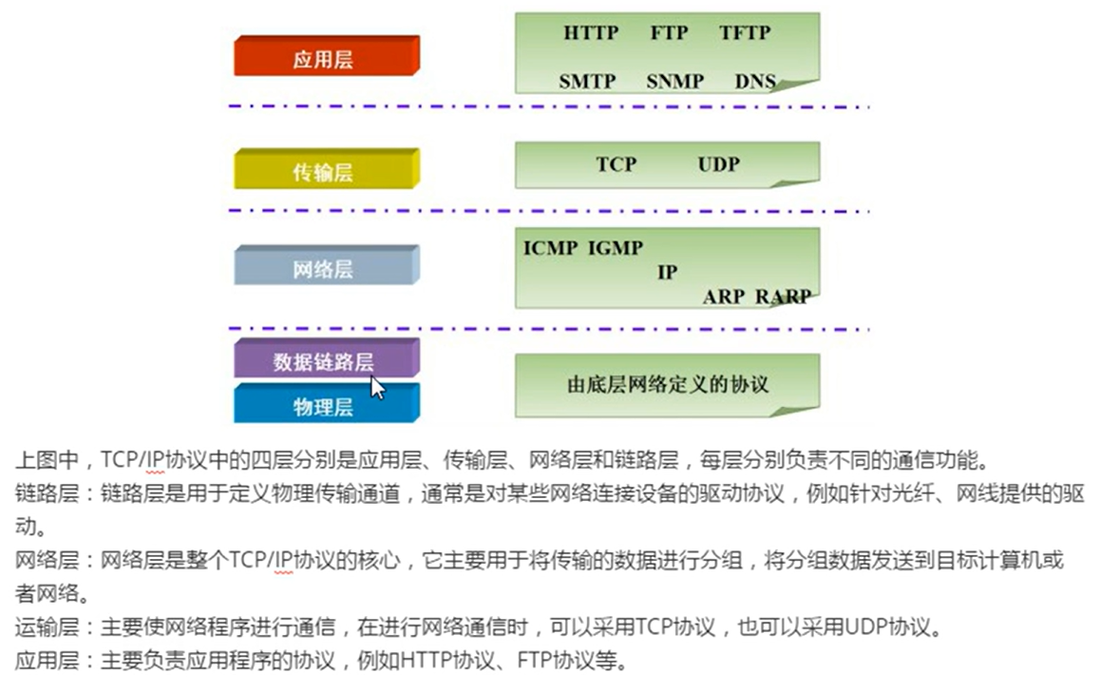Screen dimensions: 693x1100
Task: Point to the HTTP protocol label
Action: pos(590,33)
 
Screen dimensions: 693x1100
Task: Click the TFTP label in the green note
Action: pos(745,33)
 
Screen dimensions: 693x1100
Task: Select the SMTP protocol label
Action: pos(587,82)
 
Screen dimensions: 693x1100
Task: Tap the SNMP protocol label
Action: pos(674,82)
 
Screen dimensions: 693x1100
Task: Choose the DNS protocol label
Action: pos(755,82)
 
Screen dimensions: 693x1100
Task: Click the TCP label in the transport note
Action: pos(616,164)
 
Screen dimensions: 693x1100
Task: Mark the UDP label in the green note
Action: pos(718,164)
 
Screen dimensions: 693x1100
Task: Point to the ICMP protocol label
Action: pos(550,248)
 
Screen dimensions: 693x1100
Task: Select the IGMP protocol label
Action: pos(615,248)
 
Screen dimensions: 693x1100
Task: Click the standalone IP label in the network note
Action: pos(667,273)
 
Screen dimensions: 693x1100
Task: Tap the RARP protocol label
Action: pos(783,297)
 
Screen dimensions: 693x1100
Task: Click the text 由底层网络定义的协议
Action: pos(667,385)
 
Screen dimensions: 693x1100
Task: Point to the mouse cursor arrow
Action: pos(377,387)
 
